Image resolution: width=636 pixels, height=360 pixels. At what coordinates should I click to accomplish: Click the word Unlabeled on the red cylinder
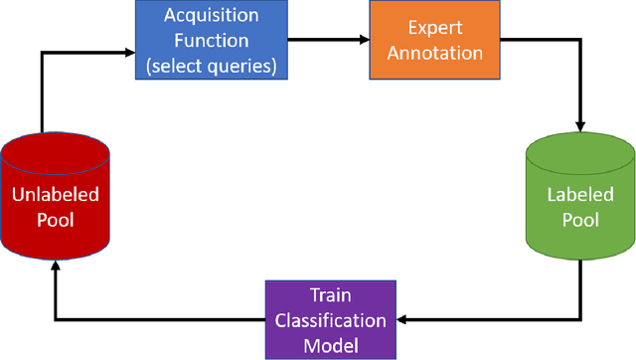pyautogui.click(x=55, y=195)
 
